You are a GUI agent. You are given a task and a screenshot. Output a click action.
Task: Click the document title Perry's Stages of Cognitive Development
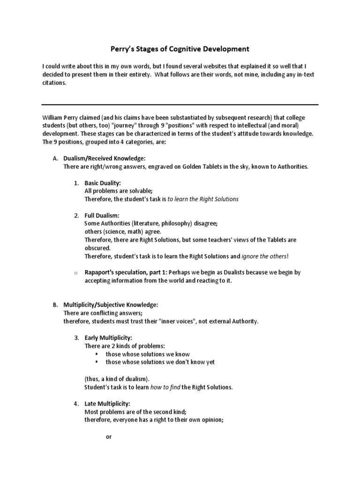180,49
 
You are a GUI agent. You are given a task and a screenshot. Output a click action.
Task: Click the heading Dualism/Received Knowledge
108,159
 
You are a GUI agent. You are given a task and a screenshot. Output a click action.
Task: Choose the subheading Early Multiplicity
108,337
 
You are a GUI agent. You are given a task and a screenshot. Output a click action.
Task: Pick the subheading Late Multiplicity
107,403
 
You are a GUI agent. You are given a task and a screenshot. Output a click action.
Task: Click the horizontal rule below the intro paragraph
180,104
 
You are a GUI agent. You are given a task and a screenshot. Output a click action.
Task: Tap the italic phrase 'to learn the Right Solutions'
203,199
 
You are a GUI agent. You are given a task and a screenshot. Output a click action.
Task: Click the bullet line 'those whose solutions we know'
148,354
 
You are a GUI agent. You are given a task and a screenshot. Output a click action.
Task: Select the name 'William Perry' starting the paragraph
60,117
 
